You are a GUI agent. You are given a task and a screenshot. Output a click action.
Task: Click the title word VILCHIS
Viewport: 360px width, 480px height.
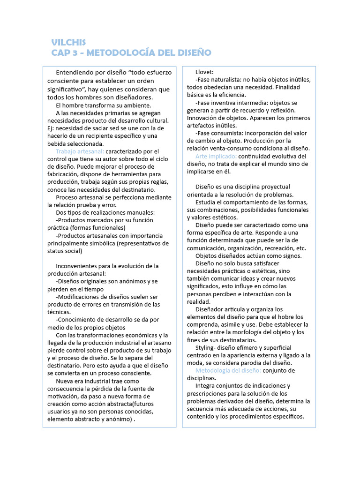(69, 42)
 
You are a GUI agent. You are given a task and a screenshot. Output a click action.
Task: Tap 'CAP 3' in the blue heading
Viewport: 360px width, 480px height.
(64, 52)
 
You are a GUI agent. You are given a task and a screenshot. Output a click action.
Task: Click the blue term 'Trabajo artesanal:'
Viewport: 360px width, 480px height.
(80, 151)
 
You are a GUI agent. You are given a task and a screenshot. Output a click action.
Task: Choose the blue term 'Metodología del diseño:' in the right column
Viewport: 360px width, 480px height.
(228, 370)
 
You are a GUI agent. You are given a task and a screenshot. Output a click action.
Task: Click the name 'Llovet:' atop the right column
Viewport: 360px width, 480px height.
(204, 72)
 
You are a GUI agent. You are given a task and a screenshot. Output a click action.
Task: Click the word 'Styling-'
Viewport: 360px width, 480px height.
(207, 348)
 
